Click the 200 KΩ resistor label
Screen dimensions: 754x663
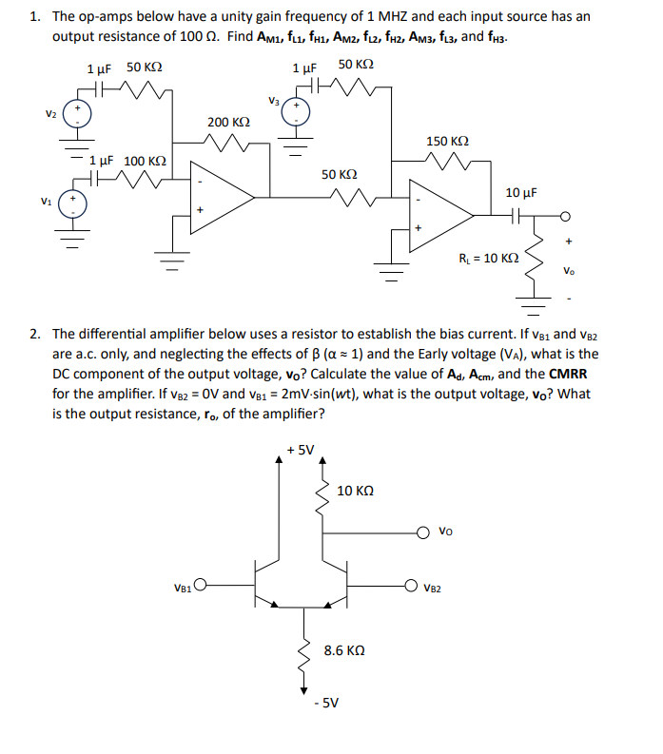tap(228, 123)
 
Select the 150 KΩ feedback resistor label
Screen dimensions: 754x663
tap(447, 141)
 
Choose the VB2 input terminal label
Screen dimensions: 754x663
tap(434, 587)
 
